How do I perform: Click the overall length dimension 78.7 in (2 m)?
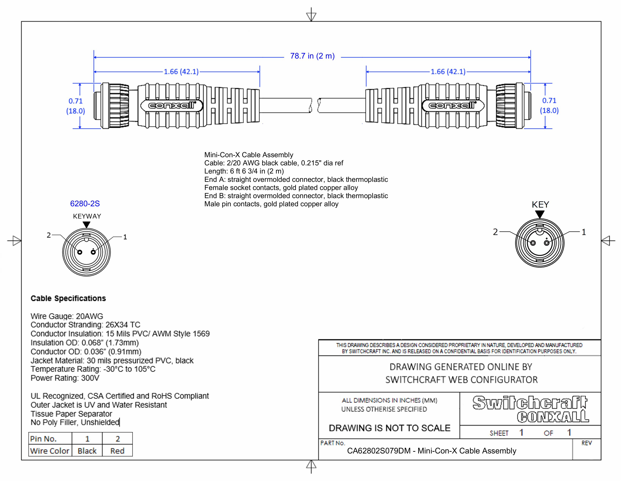(312, 56)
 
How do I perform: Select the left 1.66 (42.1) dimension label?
(181, 72)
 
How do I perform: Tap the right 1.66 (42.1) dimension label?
(448, 72)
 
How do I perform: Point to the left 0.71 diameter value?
(76, 101)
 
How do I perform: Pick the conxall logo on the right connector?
(453, 106)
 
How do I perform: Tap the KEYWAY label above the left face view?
(87, 216)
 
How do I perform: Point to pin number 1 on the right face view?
(584, 232)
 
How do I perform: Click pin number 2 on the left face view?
(49, 235)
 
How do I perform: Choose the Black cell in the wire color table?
(87, 451)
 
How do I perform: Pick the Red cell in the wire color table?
(117, 451)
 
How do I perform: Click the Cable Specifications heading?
(68, 299)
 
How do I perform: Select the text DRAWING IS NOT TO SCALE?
(389, 428)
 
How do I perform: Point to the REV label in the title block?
(586, 443)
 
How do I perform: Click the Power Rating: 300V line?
(65, 378)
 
